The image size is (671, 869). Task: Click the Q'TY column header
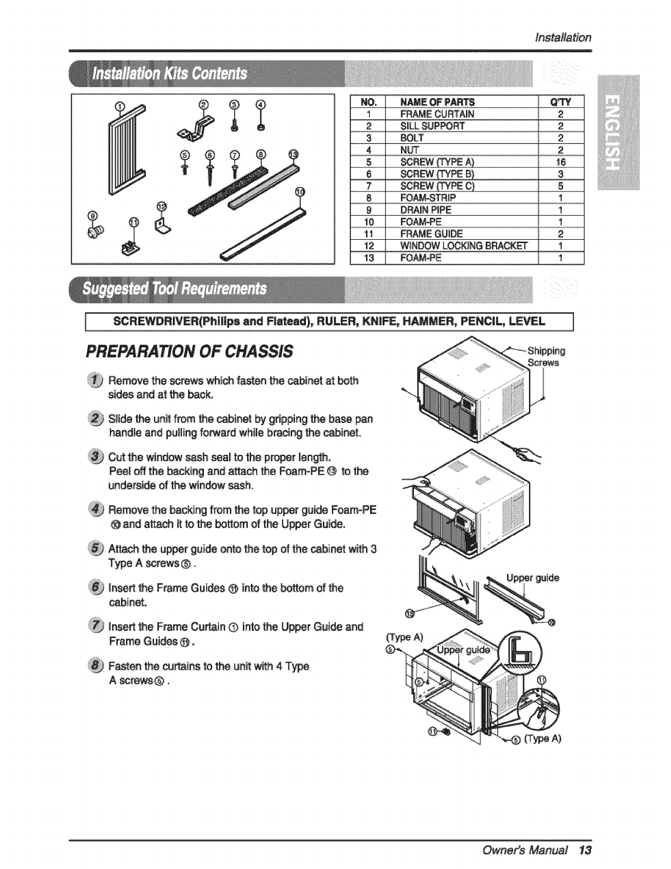pos(562,101)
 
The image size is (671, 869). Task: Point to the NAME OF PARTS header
pos(437,101)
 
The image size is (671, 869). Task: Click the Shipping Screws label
pos(545,357)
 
